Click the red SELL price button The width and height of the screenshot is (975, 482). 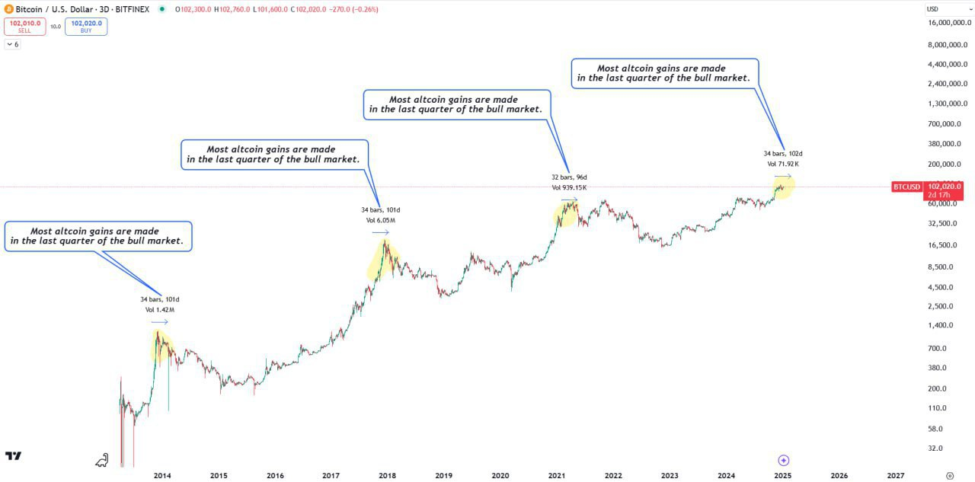24,27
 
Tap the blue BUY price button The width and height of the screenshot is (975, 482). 86,27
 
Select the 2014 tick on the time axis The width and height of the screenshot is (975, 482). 162,475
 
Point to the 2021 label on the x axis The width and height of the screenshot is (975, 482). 557,475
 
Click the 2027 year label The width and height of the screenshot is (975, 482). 896,475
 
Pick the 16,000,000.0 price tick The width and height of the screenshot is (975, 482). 944,23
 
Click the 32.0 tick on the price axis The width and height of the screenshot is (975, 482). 935,448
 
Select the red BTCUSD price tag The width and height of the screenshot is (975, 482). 906,187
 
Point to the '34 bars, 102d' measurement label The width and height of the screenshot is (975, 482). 783,154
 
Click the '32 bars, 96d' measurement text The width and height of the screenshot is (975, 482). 569,177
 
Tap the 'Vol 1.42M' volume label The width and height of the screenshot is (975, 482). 160,310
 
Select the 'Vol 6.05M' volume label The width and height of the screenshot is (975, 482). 381,221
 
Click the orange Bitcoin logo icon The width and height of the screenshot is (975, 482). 8,9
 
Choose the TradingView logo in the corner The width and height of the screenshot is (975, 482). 13,456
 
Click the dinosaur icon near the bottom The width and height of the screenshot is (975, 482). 102,459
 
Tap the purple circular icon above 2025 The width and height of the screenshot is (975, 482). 784,460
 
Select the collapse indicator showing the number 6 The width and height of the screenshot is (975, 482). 13,44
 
